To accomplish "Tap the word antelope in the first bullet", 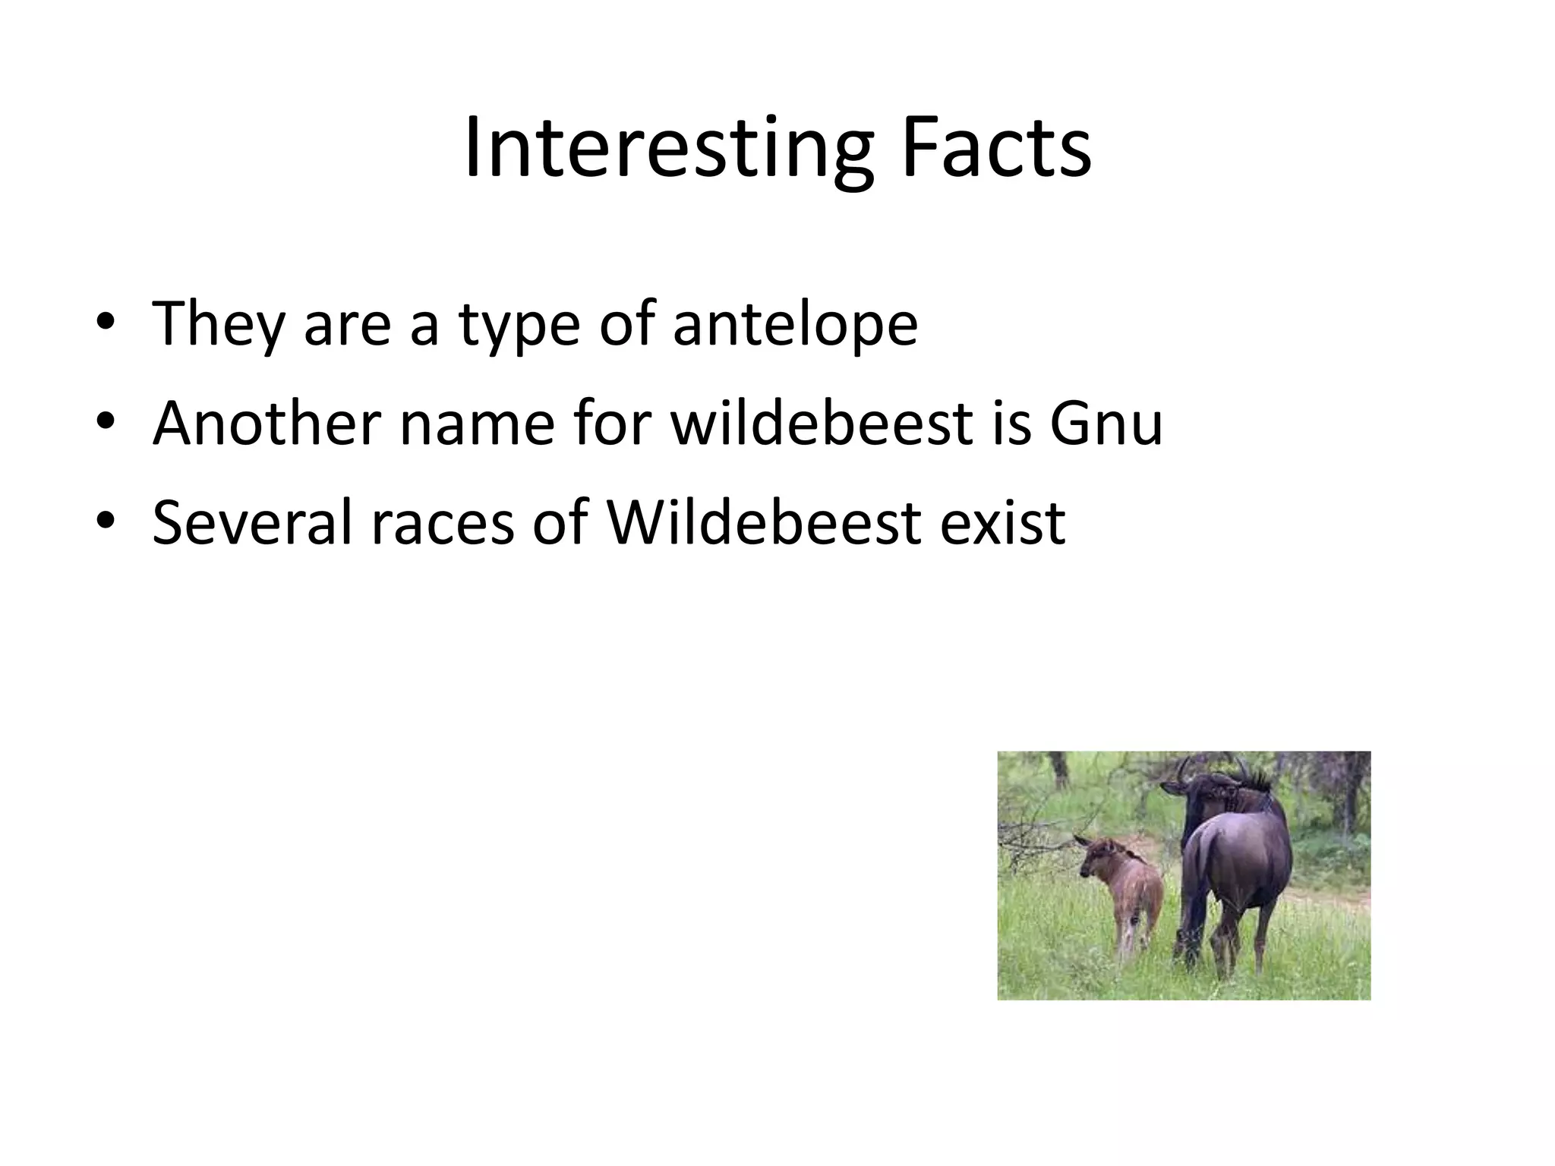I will tap(795, 323).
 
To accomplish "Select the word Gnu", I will tap(1106, 423).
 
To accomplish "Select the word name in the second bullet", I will tap(477, 423).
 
